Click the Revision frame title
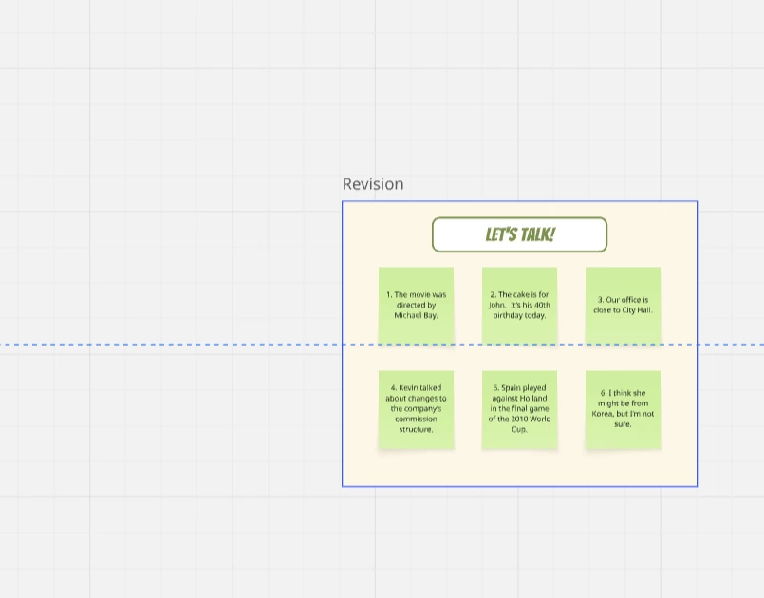coord(373,184)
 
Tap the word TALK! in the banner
coord(537,234)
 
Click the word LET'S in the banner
coord(501,234)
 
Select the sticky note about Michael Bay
coord(416,306)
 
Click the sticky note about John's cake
coord(519,306)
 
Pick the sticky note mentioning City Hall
coord(624,306)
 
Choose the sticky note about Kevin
coord(416,409)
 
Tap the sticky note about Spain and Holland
coord(519,409)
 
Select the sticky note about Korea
coord(624,409)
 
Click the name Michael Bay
coord(416,316)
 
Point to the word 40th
coord(541,305)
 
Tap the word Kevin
coord(409,388)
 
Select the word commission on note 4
coord(416,420)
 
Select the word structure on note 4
coord(416,429)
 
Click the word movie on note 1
coord(419,295)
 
